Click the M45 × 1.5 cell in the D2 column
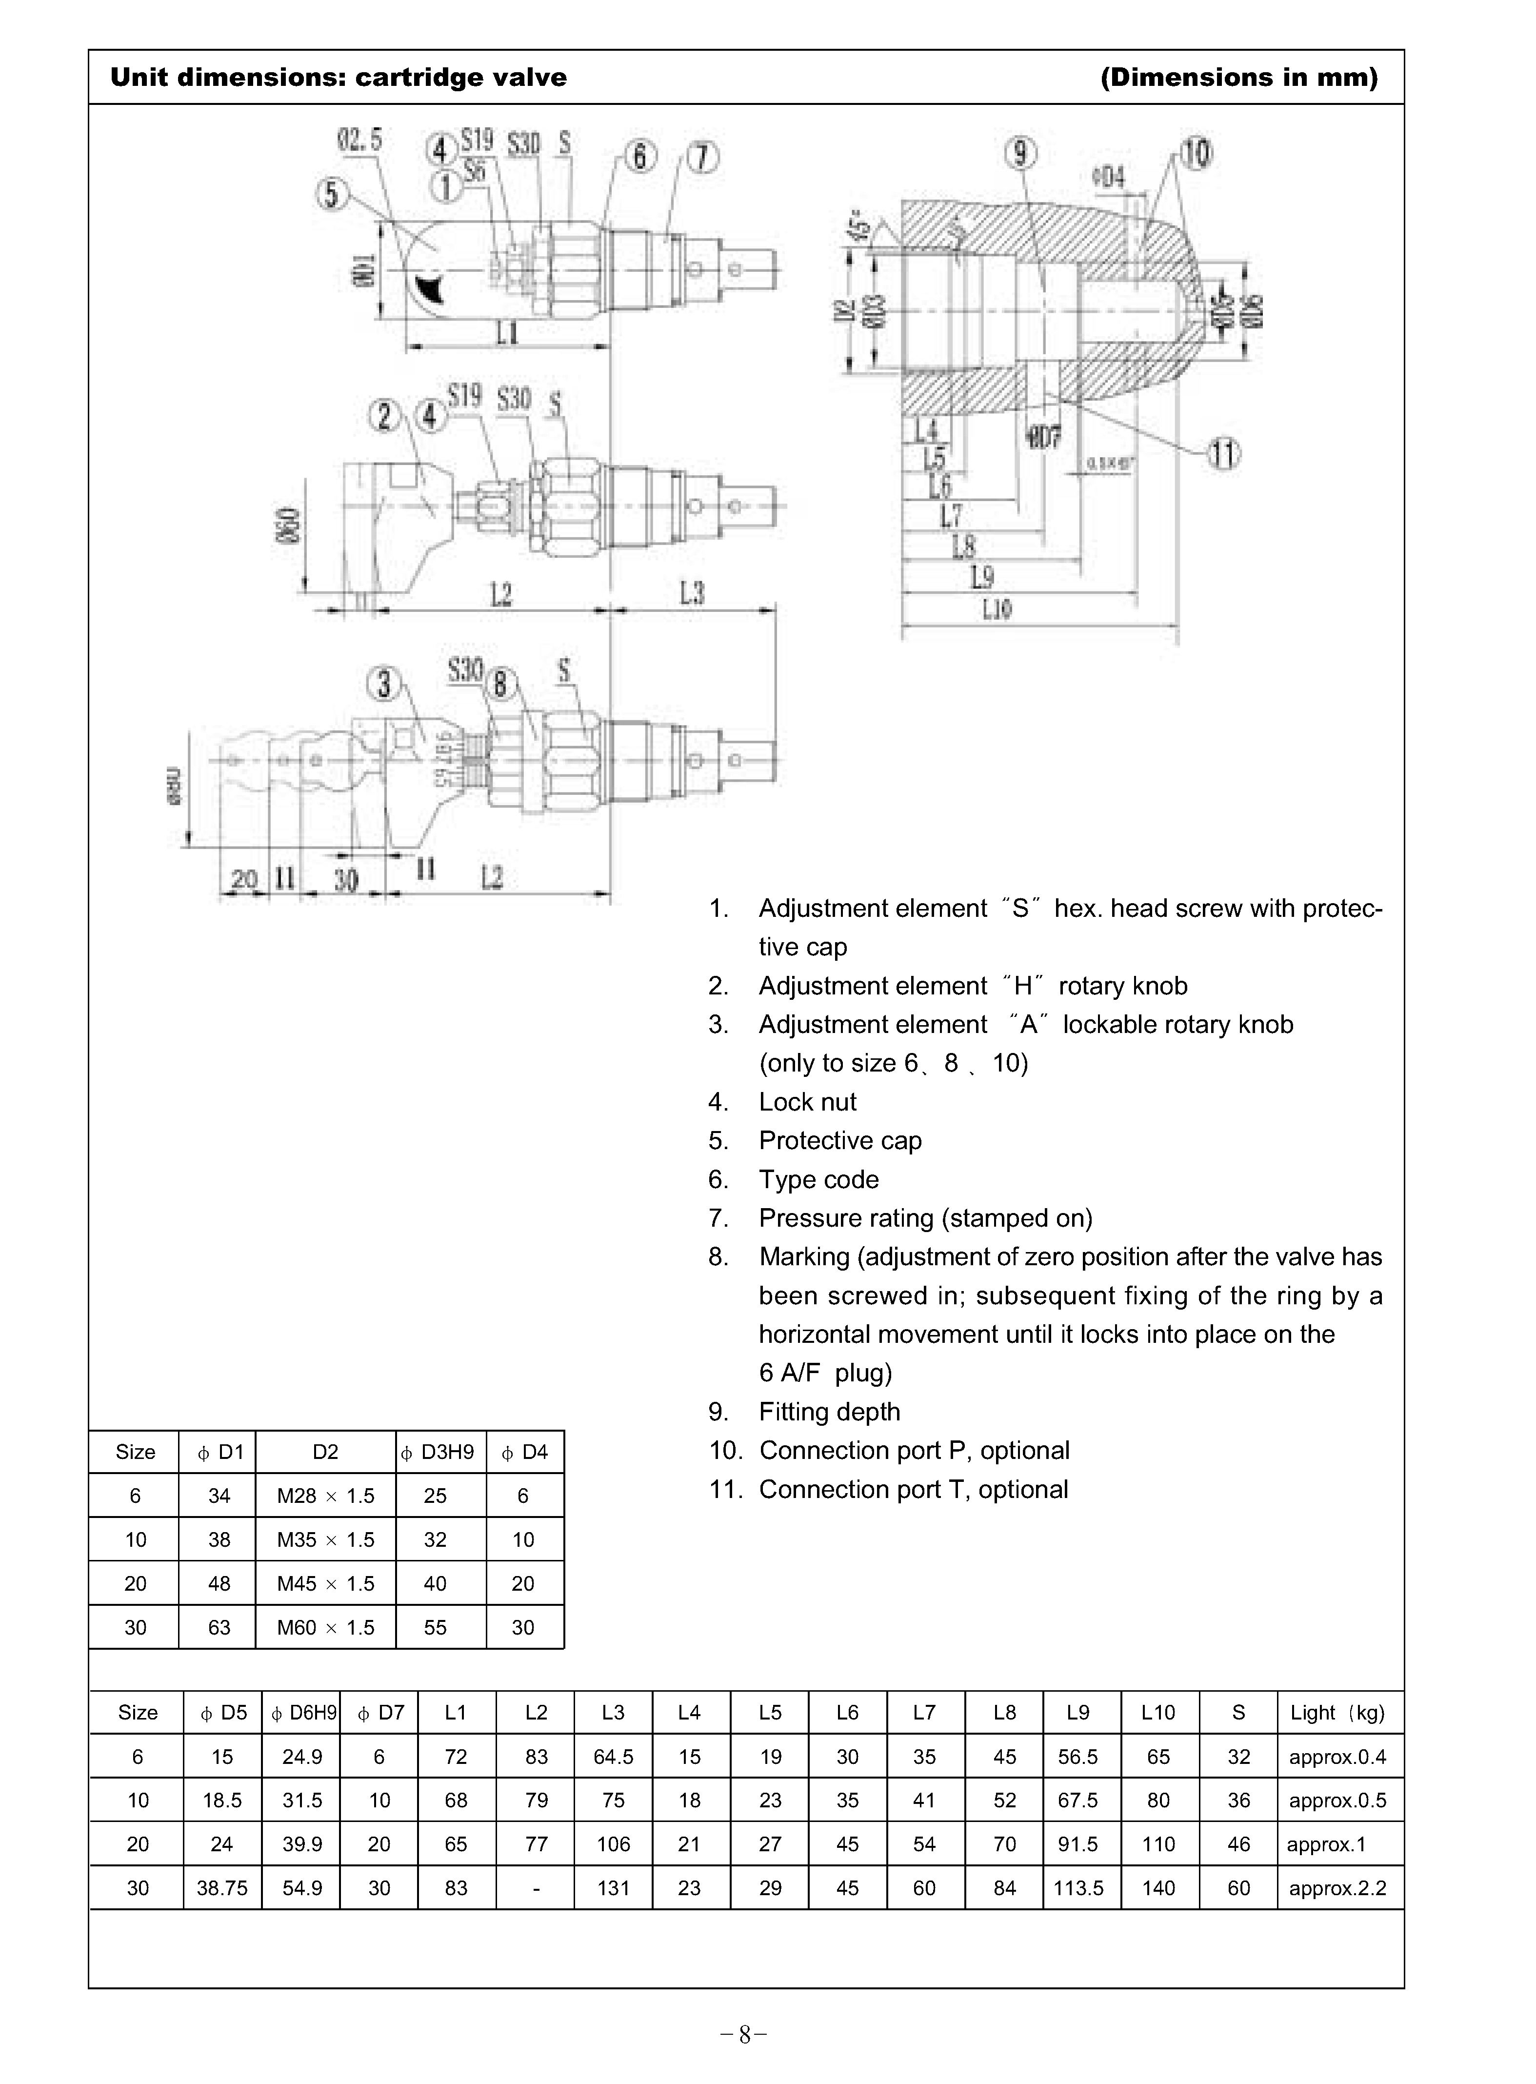point(325,1584)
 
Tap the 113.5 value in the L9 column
point(1077,1888)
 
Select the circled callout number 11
point(1224,455)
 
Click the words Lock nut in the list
point(807,1102)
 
